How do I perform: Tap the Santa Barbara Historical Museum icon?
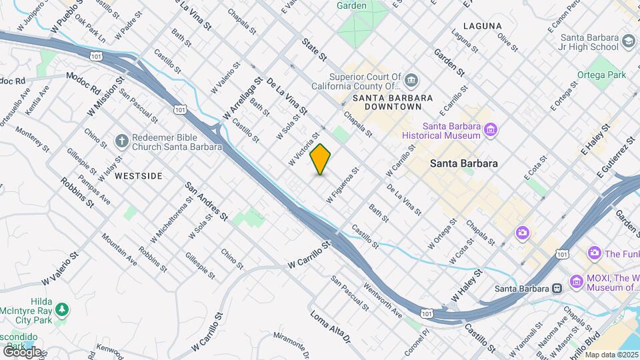pos(491,128)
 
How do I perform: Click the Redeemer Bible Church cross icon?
pos(121,141)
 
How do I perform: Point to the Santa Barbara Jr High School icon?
pos(629,43)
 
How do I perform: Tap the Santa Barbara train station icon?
pos(557,289)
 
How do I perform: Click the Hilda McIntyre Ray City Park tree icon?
pos(61,309)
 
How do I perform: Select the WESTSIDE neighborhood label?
pos(138,176)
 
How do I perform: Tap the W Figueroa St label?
pos(343,185)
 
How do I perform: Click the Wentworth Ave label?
pos(383,299)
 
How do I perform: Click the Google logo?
pos(22,351)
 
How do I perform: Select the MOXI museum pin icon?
pos(576,281)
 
